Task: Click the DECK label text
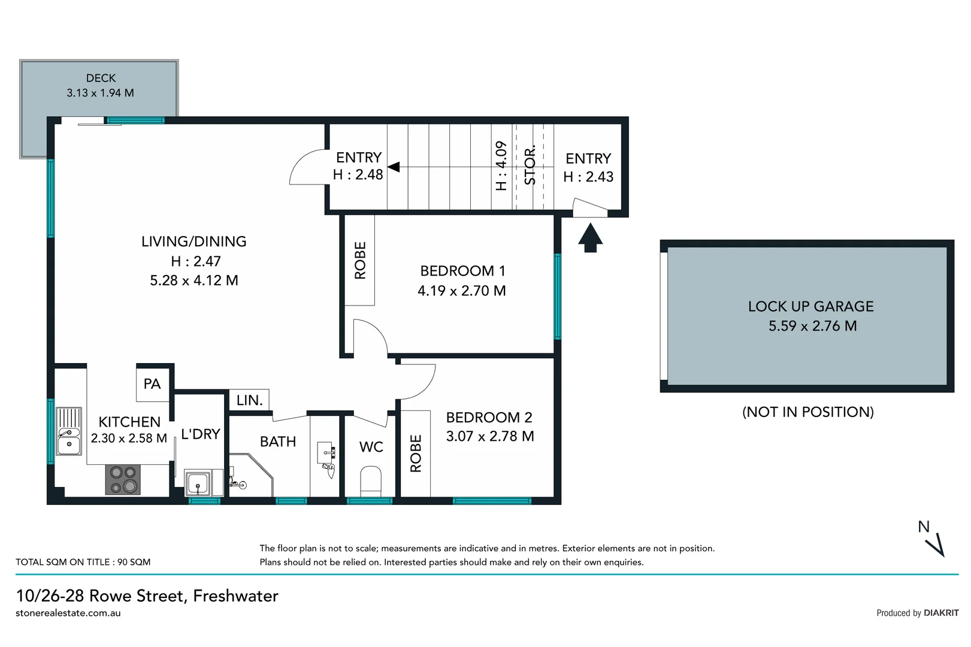101,78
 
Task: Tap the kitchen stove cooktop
123,479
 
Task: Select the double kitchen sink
69,432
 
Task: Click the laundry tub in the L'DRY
196,483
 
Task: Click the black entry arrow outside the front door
590,237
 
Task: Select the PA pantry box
152,384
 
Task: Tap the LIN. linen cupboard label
249,400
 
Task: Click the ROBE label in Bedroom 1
360,260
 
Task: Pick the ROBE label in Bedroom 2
416,453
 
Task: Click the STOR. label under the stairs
530,166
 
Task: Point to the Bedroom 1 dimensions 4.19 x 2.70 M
461,291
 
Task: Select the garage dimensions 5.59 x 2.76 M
812,326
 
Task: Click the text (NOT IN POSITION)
807,412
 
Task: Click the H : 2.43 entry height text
588,177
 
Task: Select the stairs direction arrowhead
394,167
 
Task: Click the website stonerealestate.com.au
68,613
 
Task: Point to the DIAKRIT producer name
941,613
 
